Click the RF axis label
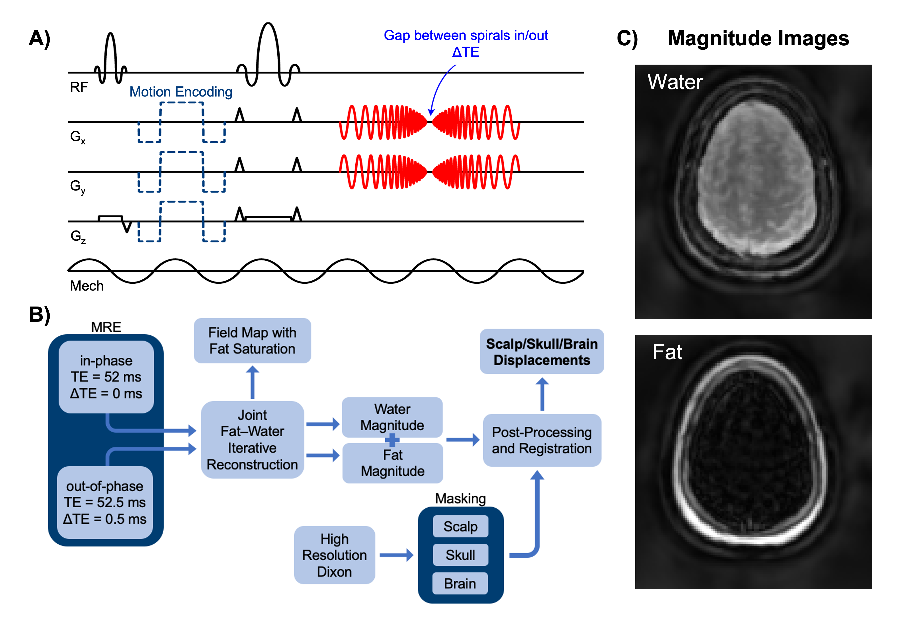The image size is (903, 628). pos(79,87)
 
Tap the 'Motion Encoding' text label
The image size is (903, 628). pos(181,92)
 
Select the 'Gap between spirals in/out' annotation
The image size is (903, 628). pos(466,36)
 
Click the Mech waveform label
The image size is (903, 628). pos(87,286)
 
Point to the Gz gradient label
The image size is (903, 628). pos(78,236)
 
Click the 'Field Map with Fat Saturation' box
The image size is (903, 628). pos(252,340)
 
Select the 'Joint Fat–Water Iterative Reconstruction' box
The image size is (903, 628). pos(252,440)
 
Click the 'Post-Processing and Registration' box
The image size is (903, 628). pos(542,440)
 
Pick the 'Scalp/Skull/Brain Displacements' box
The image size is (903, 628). pos(542,352)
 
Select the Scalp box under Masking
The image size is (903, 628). pos(460,526)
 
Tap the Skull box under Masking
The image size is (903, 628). pos(460,555)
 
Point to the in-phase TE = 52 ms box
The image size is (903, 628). pos(106,377)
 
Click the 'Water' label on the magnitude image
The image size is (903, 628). pos(675,82)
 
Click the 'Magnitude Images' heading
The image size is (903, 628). pos(758,39)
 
